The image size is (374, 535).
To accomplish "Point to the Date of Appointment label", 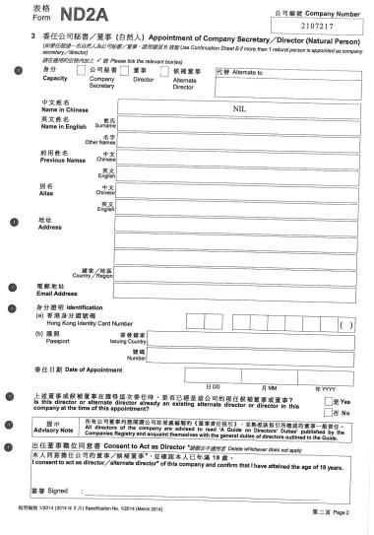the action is (x=67, y=369).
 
